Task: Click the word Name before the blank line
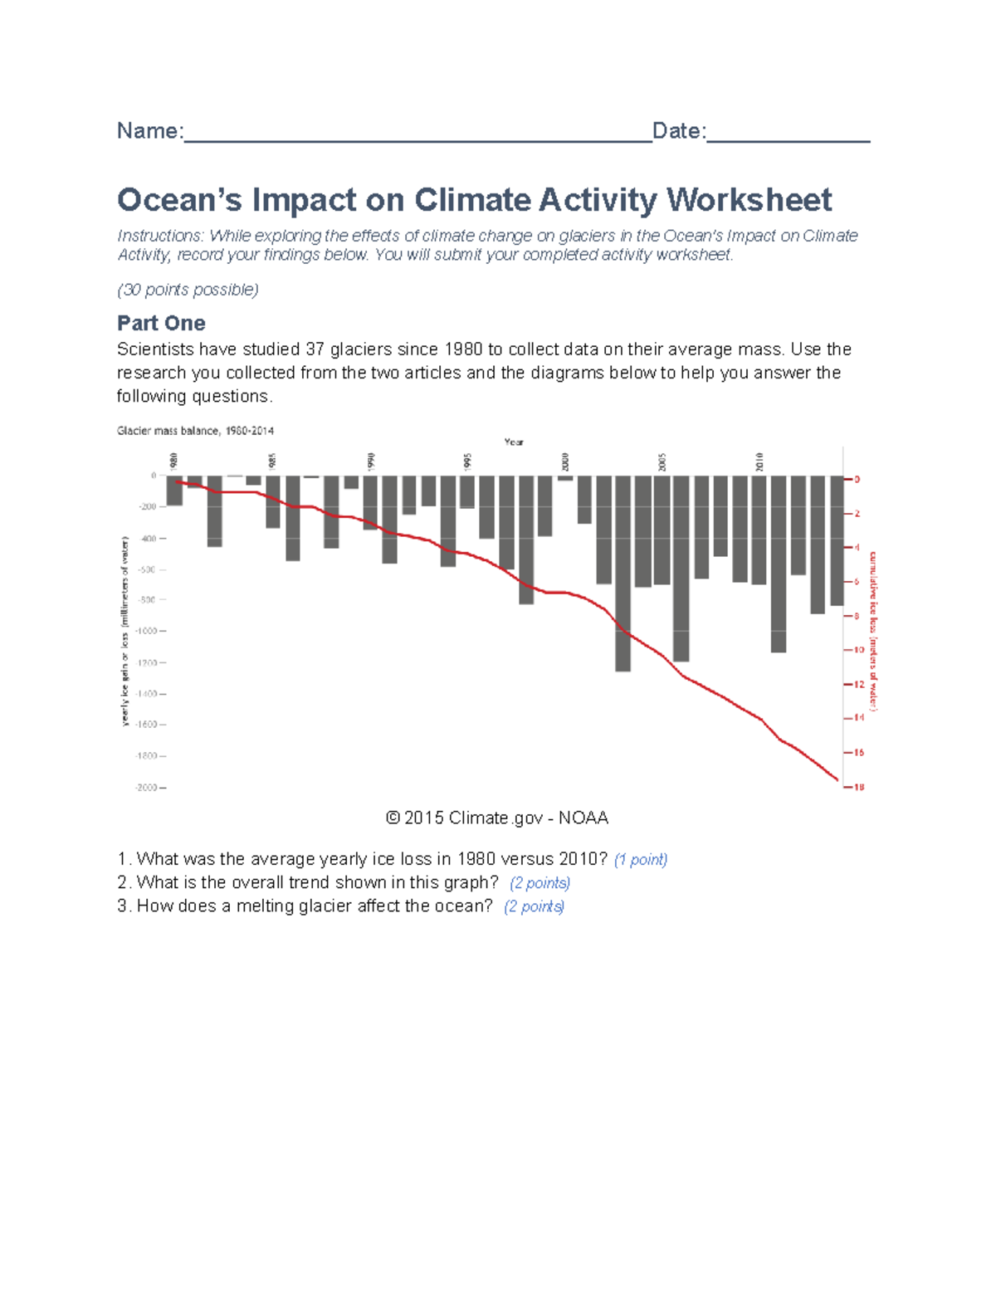[x=148, y=131]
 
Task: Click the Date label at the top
[x=677, y=131]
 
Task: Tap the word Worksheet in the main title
[x=749, y=200]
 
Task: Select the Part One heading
[x=161, y=323]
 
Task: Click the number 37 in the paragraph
[x=315, y=349]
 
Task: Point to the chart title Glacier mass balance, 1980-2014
[x=195, y=431]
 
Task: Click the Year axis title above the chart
[x=514, y=442]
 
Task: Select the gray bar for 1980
[x=174, y=491]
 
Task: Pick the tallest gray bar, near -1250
[x=622, y=573]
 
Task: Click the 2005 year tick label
[x=662, y=461]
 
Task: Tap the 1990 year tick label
[x=371, y=461]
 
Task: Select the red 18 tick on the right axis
[x=858, y=787]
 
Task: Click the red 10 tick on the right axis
[x=858, y=650]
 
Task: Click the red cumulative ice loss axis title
[x=873, y=631]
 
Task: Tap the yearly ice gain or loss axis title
[x=125, y=631]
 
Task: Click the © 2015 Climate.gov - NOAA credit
[x=497, y=818]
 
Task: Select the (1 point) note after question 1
[x=640, y=860]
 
